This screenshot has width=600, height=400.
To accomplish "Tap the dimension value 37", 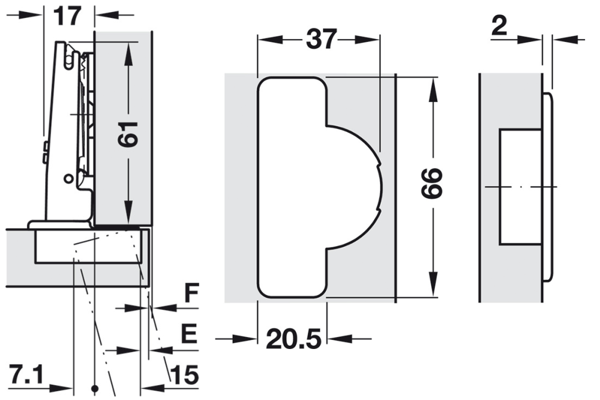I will (321, 40).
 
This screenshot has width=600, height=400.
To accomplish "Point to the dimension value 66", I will (431, 184).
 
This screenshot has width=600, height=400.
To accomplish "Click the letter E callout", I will (189, 335).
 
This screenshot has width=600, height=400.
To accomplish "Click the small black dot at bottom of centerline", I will (94, 387).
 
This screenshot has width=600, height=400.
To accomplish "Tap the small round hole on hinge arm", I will (68, 178).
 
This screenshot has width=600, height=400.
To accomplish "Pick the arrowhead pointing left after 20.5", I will (336, 339).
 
